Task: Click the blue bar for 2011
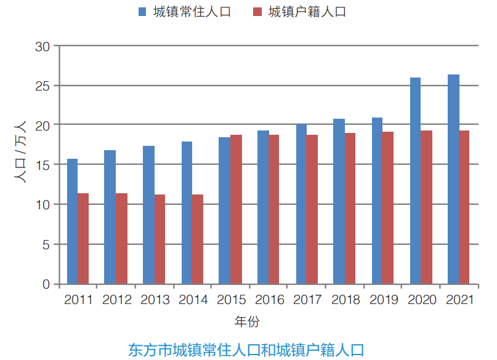[72, 222]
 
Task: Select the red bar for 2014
[197, 239]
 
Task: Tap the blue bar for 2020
[415, 181]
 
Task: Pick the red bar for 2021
[464, 207]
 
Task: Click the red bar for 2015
[235, 209]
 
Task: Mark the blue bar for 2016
[262, 207]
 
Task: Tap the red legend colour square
[258, 12]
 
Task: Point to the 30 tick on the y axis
[42, 46]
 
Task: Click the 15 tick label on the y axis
[42, 165]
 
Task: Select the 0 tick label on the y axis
[46, 284]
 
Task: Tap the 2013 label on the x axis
[155, 300]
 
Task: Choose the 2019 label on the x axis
[384, 300]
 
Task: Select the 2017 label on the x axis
[308, 300]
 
